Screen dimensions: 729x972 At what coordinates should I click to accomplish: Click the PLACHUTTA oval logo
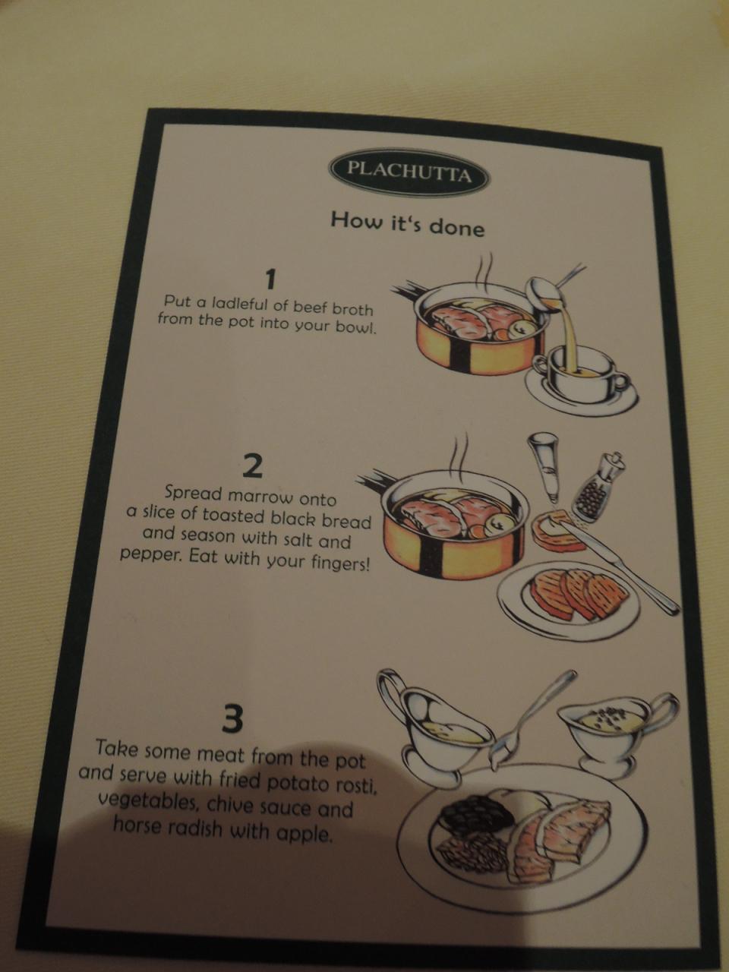[x=409, y=172]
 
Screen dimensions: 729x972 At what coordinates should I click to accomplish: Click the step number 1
[x=270, y=279]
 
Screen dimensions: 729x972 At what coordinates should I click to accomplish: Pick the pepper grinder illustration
[x=598, y=486]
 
